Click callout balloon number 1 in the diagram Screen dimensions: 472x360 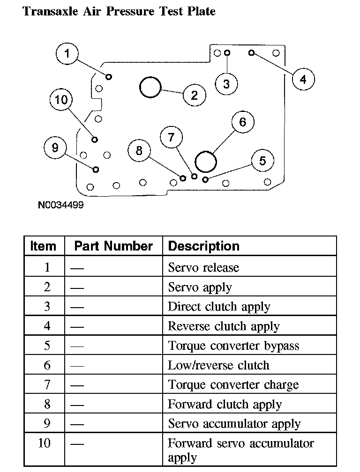tap(67, 54)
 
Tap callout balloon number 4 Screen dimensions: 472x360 tap(303, 80)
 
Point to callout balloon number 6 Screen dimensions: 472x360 tap(242, 122)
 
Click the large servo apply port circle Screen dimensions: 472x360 tap(150, 87)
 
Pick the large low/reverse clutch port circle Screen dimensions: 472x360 tap(206, 162)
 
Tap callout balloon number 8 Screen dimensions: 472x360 tap(139, 151)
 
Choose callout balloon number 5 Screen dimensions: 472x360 tap(262, 161)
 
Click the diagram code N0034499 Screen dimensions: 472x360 tap(61, 205)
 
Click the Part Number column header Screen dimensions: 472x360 tap(113, 246)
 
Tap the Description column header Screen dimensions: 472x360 tap(203, 246)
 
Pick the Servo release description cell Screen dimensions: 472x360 tap(203, 268)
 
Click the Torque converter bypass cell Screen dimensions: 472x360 tap(233, 346)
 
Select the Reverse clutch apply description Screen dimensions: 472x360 tap(224, 326)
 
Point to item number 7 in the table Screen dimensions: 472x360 tap(47, 385)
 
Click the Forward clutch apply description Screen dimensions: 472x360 tap(225, 405)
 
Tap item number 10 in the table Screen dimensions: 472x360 tap(45, 443)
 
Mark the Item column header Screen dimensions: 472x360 tap(43, 246)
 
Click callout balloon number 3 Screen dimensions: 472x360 tap(226, 84)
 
